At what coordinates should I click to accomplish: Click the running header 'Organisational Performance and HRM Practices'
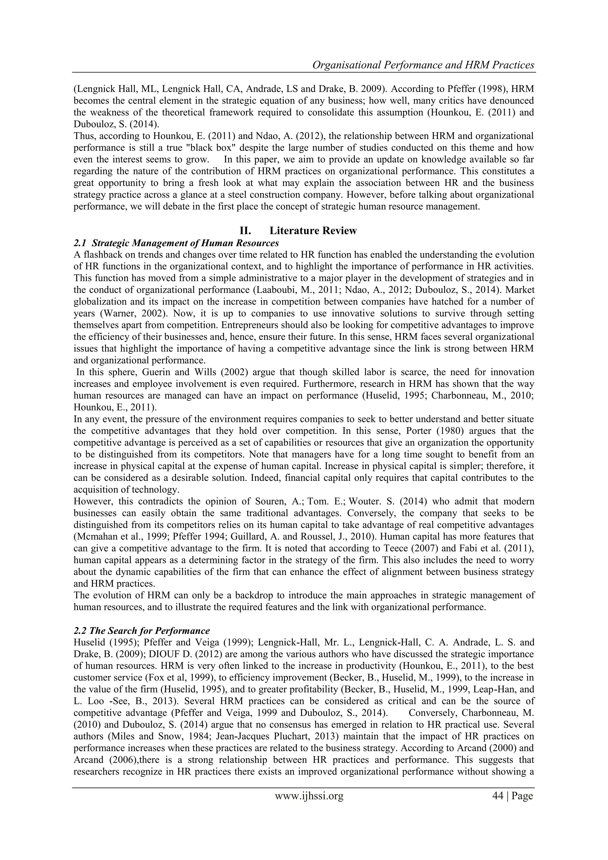pos(423,65)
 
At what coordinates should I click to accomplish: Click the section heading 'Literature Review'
pos(313,230)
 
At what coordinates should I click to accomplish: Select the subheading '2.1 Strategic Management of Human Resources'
pos(176,243)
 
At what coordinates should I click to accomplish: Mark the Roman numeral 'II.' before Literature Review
pos(245,230)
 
